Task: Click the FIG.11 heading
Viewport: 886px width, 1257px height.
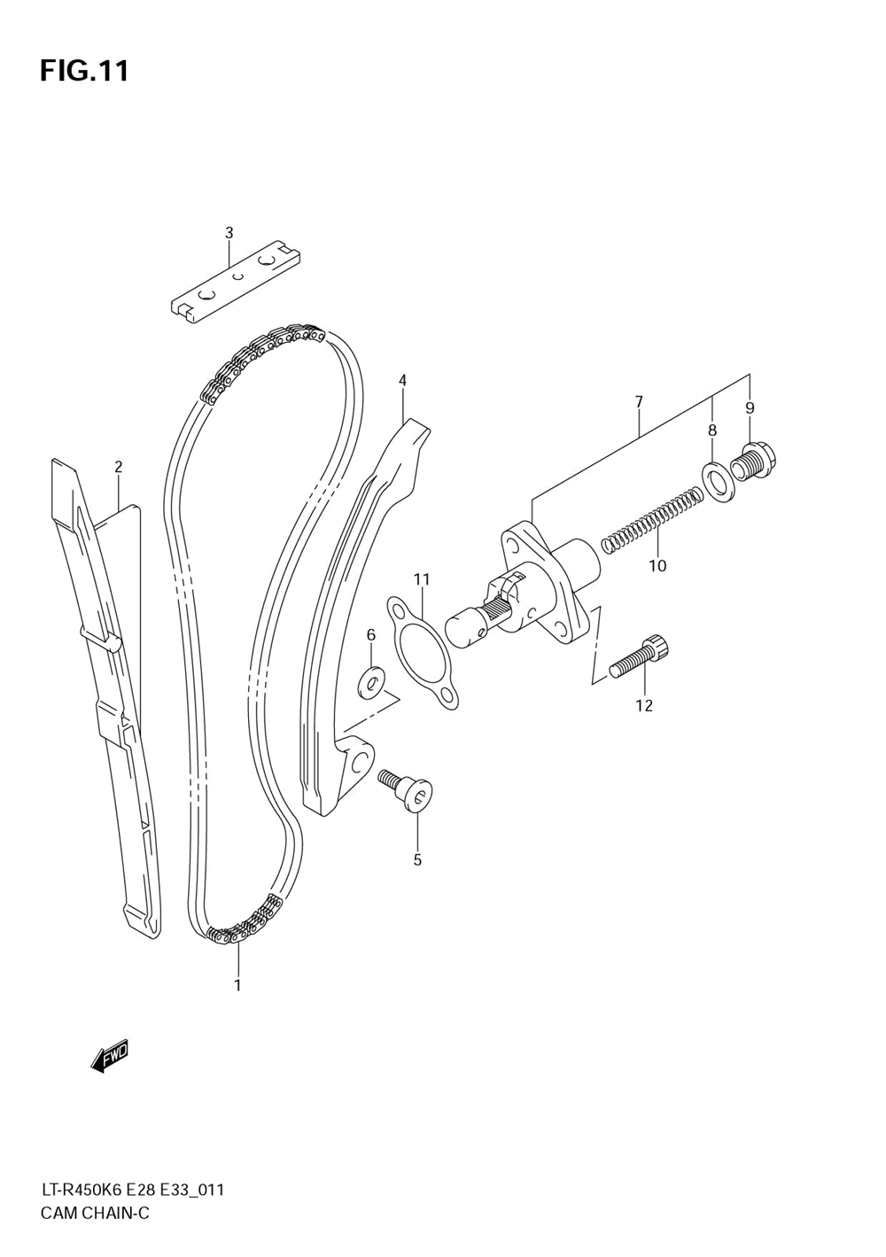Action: pyautogui.click(x=84, y=71)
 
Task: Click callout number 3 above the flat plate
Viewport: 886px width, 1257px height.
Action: pyautogui.click(x=229, y=233)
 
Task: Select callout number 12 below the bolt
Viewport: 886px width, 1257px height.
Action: pyautogui.click(x=644, y=705)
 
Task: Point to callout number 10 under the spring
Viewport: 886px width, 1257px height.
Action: pyautogui.click(x=657, y=566)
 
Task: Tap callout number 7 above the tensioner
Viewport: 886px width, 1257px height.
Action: pyautogui.click(x=639, y=402)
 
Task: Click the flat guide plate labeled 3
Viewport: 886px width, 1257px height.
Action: pyautogui.click(x=236, y=283)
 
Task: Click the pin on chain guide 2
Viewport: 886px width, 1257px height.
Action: pyautogui.click(x=101, y=640)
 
